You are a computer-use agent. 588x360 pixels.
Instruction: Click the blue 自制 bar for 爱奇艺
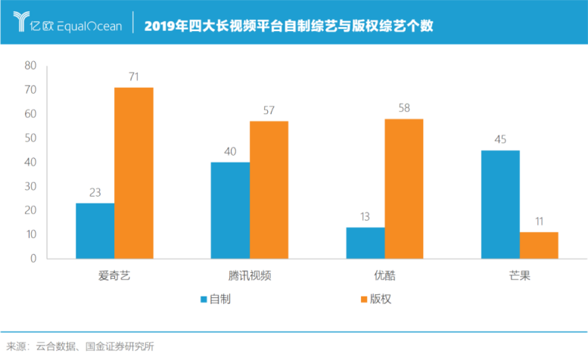(x=95, y=231)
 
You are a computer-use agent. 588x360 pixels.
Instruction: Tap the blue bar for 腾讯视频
(x=230, y=210)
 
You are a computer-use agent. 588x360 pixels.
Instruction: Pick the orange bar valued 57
(x=269, y=190)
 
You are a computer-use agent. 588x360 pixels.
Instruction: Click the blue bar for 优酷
(x=365, y=243)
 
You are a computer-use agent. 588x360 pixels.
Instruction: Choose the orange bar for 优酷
(x=403, y=188)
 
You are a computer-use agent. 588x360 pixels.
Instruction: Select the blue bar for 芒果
(x=500, y=204)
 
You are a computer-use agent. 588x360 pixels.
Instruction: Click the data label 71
(x=134, y=77)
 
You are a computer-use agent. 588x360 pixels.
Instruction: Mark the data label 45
(x=500, y=141)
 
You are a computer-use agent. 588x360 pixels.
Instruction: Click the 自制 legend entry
(x=215, y=299)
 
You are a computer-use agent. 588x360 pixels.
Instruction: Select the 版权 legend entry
(x=375, y=299)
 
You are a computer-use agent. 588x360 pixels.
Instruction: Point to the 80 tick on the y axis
(x=30, y=66)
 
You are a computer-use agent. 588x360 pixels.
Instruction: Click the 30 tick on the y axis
(x=30, y=186)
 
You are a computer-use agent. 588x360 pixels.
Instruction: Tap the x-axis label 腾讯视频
(x=249, y=275)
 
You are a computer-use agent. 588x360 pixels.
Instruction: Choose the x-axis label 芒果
(x=519, y=275)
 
